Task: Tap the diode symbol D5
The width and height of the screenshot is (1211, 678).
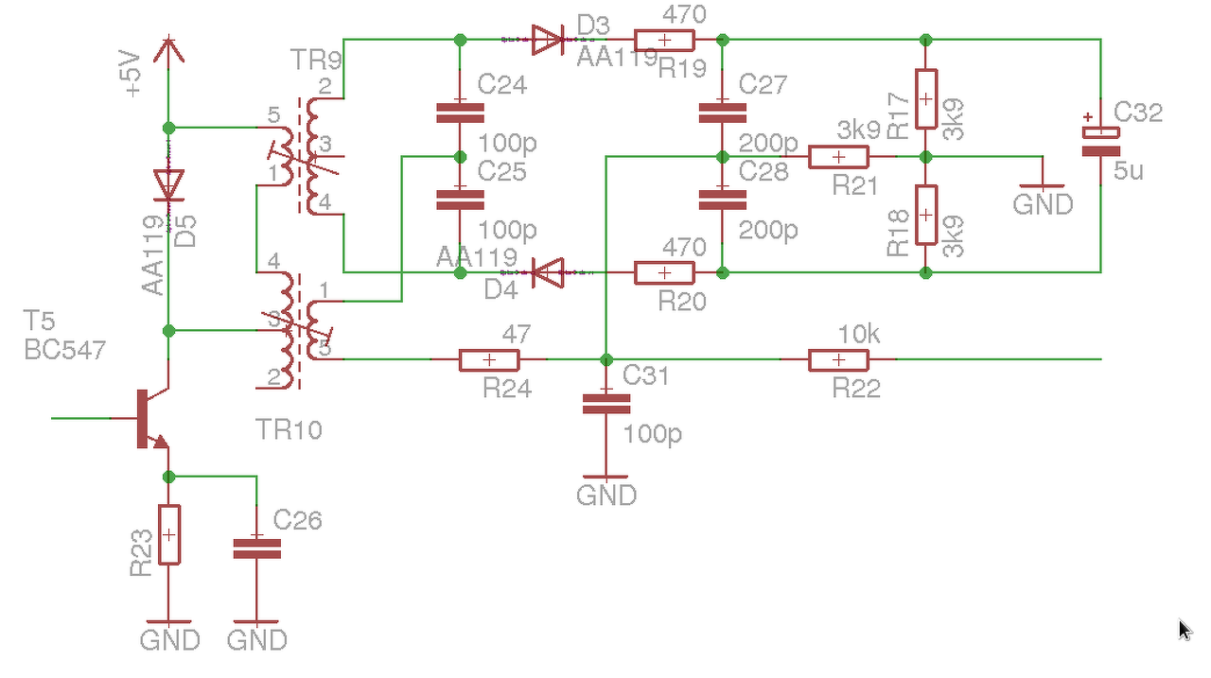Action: [x=168, y=184]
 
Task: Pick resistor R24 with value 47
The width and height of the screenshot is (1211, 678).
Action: [x=489, y=360]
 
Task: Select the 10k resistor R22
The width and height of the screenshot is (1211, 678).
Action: [x=838, y=360]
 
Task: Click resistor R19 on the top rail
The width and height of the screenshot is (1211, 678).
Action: [x=664, y=40]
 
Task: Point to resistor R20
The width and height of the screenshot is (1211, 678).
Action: [x=664, y=273]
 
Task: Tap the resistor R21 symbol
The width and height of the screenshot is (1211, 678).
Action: [x=838, y=157]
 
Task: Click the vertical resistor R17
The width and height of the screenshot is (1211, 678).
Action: [x=926, y=98]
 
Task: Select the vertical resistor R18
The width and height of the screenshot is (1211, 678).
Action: [x=926, y=215]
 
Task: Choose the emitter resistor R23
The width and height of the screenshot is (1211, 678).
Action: [x=168, y=535]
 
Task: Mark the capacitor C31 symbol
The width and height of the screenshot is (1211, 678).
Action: [x=605, y=404]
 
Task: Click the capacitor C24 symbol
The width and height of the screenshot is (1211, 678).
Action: [x=460, y=113]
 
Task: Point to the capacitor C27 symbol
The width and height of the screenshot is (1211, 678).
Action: [x=722, y=113]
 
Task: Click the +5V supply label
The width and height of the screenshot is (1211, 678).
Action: [x=132, y=74]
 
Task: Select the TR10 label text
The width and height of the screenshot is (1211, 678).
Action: [x=289, y=430]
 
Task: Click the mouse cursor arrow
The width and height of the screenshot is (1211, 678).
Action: [x=1185, y=630]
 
